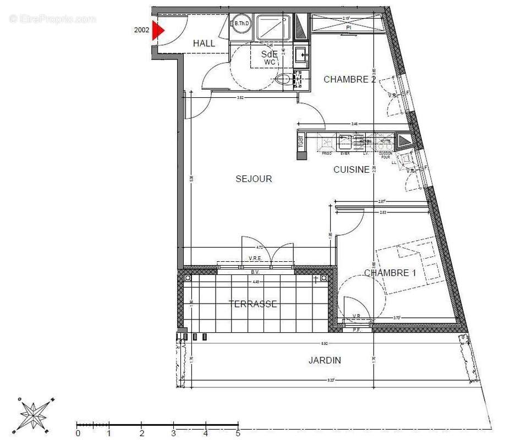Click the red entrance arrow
click(158, 30)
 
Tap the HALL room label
click(204, 43)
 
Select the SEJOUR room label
click(254, 179)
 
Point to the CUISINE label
click(351, 169)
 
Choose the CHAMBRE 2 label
click(349, 79)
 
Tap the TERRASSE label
click(252, 304)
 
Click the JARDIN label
click(324, 360)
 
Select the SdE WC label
click(269, 58)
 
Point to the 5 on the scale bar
click(238, 433)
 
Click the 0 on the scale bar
click(78, 433)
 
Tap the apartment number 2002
click(141, 30)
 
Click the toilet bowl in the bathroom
click(284, 80)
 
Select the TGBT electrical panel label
click(301, 142)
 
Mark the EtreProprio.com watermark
click(52, 19)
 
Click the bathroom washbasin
click(300, 54)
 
